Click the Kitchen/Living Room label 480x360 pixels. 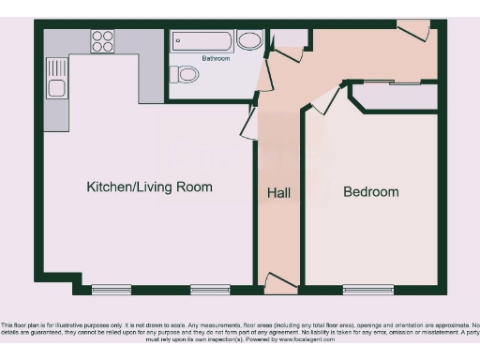(149, 187)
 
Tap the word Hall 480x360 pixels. (278, 192)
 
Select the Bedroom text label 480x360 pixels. (370, 192)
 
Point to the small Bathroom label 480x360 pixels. (215, 58)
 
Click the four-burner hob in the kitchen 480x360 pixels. (102, 41)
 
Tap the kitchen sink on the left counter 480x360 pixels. (56, 88)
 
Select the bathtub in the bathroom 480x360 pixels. (202, 41)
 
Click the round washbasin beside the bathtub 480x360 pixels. (248, 40)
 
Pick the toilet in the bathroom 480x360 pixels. (187, 74)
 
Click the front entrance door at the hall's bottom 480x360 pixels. (281, 281)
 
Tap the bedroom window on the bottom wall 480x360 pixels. (368, 289)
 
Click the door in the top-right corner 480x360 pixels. (413, 31)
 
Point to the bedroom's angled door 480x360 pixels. (325, 100)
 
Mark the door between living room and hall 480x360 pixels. (250, 122)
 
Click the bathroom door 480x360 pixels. (265, 74)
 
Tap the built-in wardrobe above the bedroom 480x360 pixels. (393, 96)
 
